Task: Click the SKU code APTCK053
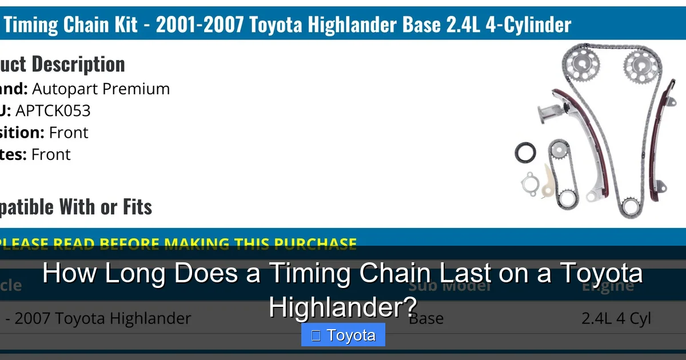point(53,110)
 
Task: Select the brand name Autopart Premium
point(101,89)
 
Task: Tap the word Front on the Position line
point(69,132)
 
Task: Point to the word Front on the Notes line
point(51,154)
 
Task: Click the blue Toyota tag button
point(343,335)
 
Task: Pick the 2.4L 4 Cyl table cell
point(616,318)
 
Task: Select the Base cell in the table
point(426,318)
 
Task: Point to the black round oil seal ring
point(525,153)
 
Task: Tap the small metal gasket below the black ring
point(530,183)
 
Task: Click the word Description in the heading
point(78,64)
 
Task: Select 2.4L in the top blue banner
point(450,25)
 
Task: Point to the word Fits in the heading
point(137,206)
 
